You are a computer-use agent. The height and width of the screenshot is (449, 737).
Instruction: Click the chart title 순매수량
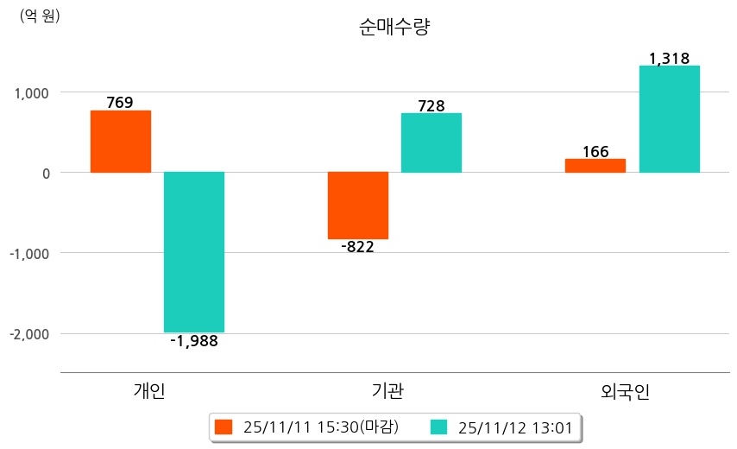point(394,28)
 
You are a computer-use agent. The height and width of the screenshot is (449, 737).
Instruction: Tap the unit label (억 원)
point(40,16)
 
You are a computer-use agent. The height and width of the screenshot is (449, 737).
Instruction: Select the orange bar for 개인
point(121,142)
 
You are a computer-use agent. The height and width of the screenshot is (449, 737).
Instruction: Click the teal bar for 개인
point(194,252)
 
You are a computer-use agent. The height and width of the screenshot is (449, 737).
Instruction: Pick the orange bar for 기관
point(358,206)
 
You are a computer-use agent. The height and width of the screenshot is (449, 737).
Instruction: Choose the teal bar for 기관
point(431,143)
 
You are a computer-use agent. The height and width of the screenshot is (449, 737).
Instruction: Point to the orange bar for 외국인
point(595,166)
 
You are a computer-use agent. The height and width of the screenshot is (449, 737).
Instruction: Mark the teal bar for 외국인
point(669,119)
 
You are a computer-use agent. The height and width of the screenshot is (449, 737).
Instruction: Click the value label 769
point(120,103)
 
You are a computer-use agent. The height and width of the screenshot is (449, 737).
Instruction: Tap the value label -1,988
point(194,341)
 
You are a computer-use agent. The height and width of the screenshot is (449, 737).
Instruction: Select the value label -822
point(357,248)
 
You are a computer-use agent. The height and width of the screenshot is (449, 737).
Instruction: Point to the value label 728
point(431,106)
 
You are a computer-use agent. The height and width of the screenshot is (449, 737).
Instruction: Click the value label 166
point(595,152)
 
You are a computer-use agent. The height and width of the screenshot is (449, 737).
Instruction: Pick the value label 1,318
point(669,59)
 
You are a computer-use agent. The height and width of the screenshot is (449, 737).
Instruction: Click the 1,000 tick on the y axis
point(32,92)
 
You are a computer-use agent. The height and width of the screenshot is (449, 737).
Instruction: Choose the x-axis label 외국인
point(626,392)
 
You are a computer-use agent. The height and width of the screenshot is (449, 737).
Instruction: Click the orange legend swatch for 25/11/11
point(224,427)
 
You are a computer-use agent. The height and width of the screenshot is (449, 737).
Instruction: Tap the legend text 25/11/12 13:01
point(515,427)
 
